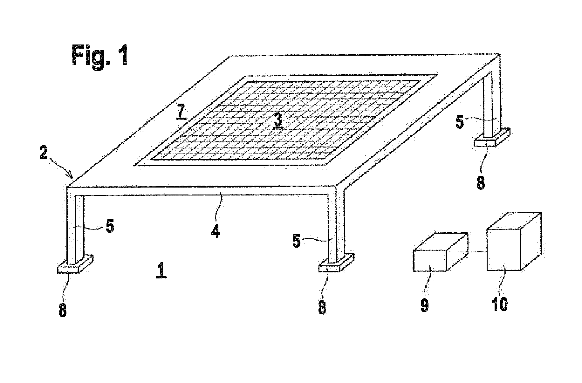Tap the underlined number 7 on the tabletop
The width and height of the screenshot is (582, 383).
coord(181,112)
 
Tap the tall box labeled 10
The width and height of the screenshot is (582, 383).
coord(513,243)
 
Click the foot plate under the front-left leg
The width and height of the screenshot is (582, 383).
coord(75,264)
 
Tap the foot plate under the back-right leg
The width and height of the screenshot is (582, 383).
coord(491,138)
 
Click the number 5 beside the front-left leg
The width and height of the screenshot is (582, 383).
coord(109,228)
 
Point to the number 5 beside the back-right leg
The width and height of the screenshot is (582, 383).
coord(460,122)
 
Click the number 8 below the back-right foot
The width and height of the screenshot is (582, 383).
coord(481,183)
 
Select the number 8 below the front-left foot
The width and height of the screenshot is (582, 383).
coord(63,310)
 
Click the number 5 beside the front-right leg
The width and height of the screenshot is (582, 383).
coord(296,242)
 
